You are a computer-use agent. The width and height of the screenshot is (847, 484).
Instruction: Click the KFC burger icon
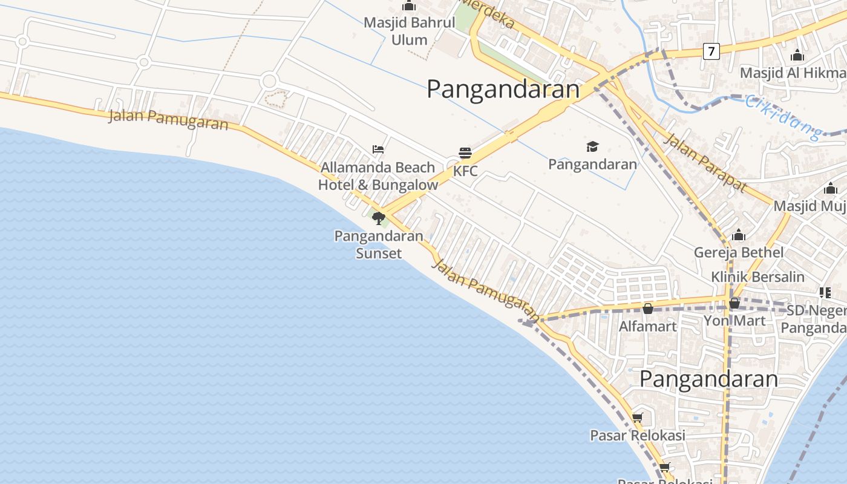tap(465, 153)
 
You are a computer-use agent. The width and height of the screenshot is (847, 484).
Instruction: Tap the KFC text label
tap(465, 171)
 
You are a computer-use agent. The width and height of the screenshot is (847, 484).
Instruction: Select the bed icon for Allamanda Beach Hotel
tap(378, 149)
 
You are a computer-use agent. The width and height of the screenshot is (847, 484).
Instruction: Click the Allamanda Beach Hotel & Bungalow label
tap(378, 176)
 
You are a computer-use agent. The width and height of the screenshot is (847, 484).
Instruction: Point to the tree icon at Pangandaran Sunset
tap(379, 218)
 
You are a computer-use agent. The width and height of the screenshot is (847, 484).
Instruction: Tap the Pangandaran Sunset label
tap(379, 244)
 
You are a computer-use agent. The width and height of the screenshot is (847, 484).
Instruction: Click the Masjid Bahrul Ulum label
tap(409, 31)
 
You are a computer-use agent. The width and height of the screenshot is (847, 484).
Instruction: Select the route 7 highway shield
tap(711, 51)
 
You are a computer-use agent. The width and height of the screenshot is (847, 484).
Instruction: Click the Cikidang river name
tap(783, 116)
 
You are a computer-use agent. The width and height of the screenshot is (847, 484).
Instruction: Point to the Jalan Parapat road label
tap(705, 162)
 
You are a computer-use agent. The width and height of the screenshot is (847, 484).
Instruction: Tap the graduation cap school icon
tap(592, 146)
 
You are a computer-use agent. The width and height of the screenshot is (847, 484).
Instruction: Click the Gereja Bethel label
tap(739, 252)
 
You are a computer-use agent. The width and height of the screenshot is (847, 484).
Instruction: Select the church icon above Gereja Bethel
tap(738, 235)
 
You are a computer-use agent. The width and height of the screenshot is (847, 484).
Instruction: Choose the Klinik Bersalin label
tap(757, 277)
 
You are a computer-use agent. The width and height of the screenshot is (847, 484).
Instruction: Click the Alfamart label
tap(647, 326)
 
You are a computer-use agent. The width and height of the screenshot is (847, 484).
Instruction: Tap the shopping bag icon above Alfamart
tap(648, 309)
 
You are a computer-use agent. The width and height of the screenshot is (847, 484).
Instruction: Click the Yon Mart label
tap(734, 320)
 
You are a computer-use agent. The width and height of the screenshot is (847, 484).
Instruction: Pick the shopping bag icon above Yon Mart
tap(734, 303)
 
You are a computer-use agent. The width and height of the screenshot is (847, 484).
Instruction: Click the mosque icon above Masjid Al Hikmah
tap(797, 56)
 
